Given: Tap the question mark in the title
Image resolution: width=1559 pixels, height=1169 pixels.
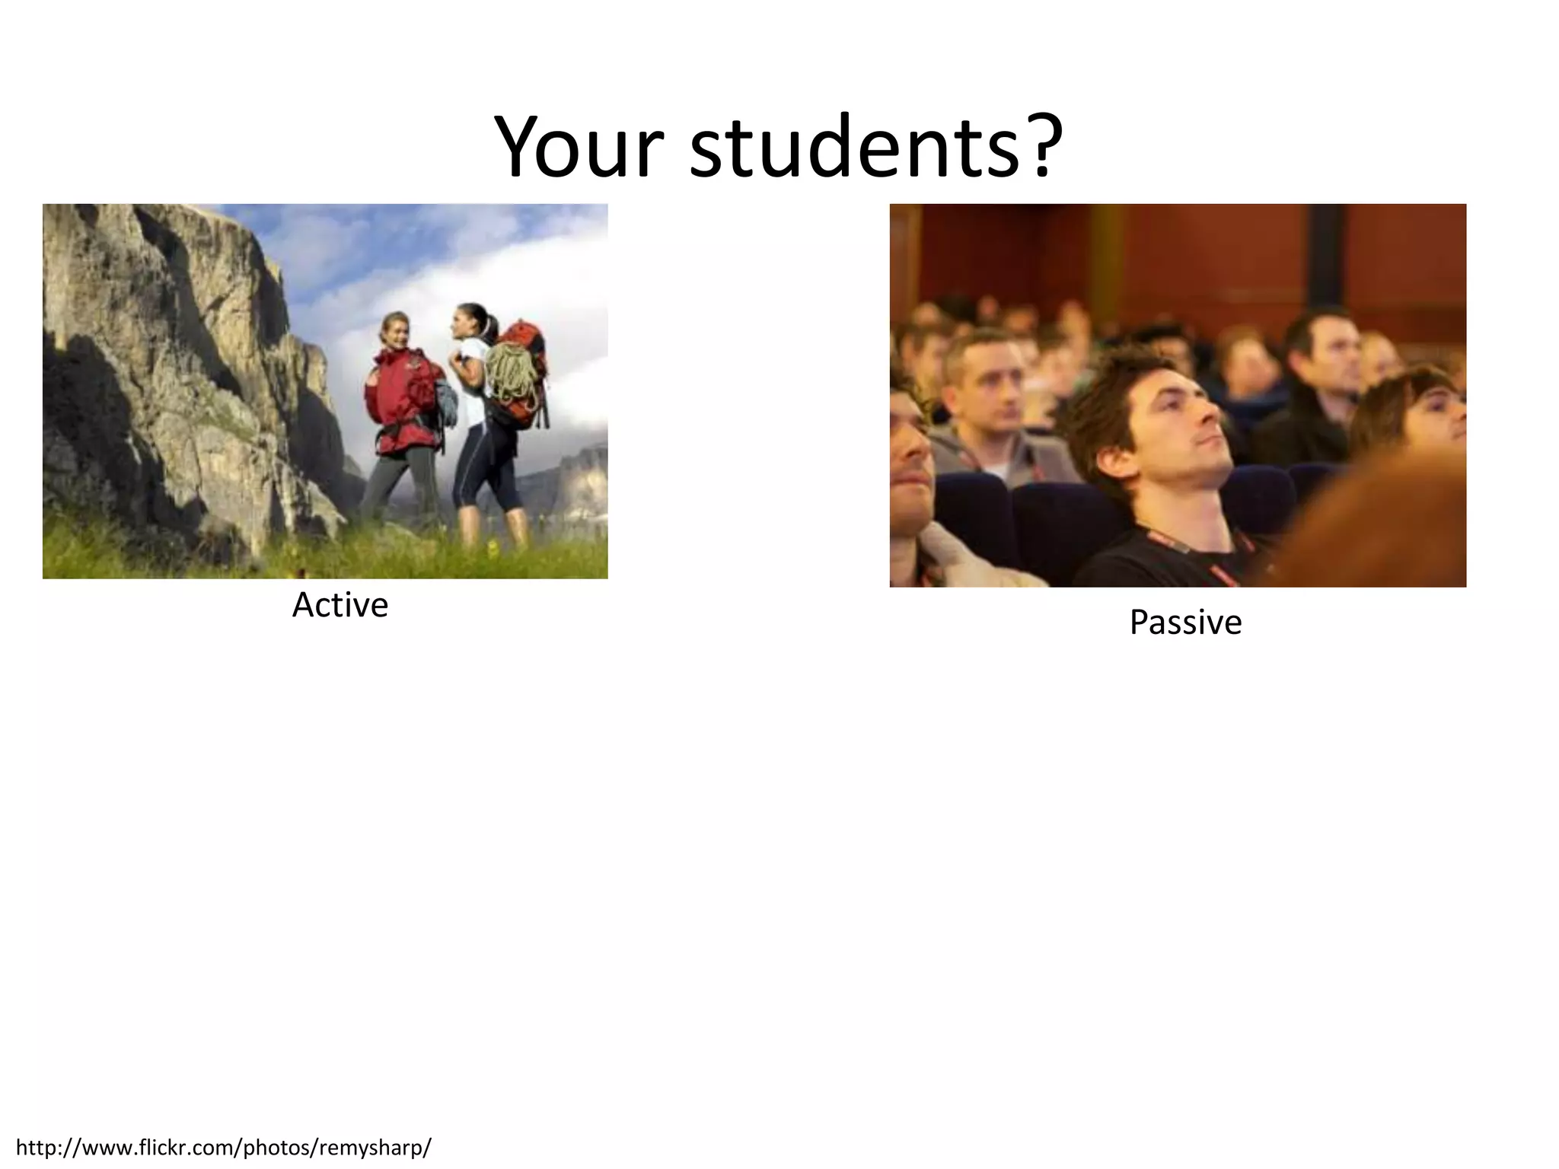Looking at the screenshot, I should coord(1039,145).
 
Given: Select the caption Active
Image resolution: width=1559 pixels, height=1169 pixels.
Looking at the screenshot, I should coord(340,606).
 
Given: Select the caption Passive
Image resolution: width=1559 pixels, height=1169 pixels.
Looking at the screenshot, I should coord(1184,623).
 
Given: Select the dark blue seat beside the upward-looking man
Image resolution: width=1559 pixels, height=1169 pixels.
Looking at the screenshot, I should coord(1066,518).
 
